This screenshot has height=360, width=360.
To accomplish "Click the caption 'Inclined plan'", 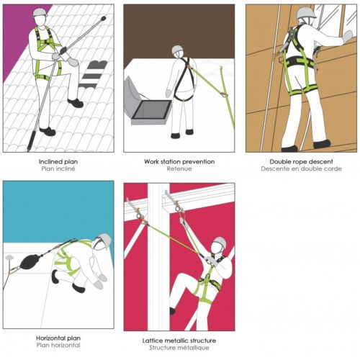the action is click(58, 162).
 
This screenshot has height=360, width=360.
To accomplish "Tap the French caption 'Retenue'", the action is click(179, 168).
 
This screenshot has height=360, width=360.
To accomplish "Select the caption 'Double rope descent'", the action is click(301, 162).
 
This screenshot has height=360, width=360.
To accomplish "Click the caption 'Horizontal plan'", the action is click(58, 338).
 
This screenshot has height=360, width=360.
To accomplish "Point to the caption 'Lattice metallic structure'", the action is click(179, 341).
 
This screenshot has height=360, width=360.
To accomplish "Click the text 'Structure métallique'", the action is click(179, 348).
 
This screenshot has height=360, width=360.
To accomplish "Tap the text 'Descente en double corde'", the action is click(301, 168).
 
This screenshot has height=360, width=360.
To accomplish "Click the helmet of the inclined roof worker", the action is click(40, 12).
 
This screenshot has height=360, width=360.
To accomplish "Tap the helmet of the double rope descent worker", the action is click(307, 12).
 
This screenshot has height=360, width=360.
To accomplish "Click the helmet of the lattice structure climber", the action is click(220, 242).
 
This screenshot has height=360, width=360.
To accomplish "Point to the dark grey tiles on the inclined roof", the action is click(94, 73).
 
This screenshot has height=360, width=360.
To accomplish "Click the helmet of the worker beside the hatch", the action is click(177, 50).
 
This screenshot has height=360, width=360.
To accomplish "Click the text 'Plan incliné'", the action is click(58, 168).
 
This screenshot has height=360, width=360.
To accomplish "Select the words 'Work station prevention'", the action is click(179, 162).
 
